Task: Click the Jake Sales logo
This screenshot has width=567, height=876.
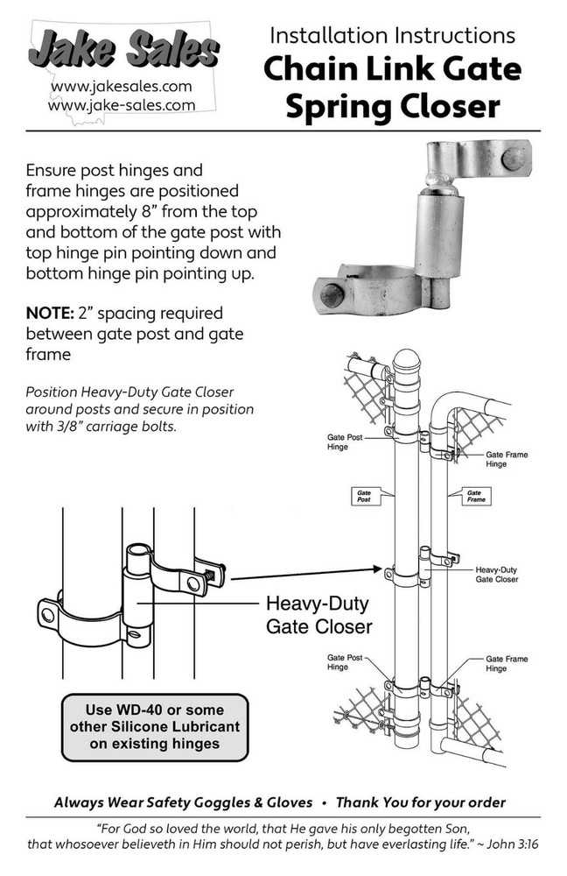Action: [x=122, y=47]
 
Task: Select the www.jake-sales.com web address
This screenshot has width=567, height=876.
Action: [x=122, y=104]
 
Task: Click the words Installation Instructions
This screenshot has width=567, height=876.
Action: [x=392, y=36]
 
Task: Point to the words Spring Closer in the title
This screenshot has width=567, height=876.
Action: [x=393, y=106]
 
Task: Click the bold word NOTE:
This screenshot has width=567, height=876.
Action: [x=52, y=313]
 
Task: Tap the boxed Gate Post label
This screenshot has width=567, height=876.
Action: [x=364, y=496]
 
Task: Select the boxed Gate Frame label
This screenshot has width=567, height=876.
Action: [x=474, y=496]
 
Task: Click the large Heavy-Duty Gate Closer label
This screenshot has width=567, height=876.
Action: [x=318, y=615]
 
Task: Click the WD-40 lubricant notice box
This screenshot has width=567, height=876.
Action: [x=153, y=726]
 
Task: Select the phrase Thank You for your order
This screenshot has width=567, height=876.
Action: [x=421, y=802]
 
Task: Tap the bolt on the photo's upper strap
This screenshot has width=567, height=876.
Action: [x=515, y=159]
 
